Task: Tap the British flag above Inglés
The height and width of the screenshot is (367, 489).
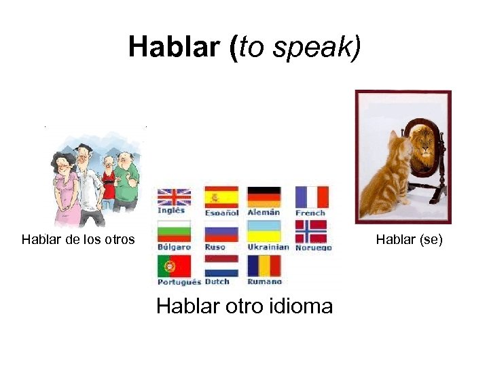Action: click(x=174, y=196)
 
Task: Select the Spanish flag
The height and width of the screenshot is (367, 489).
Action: click(x=221, y=196)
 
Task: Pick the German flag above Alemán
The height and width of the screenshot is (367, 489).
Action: click(x=264, y=196)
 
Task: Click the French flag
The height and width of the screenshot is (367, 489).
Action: click(x=312, y=196)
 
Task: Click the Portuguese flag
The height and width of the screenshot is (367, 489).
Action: click(x=174, y=266)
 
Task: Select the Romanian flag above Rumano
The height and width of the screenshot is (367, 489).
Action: click(x=264, y=266)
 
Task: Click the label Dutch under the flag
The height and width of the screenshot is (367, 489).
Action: click(x=217, y=281)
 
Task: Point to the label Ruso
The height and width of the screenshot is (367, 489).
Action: click(x=215, y=247)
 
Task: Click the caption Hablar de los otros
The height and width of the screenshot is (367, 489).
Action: click(x=78, y=239)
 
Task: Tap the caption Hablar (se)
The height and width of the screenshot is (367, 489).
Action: click(x=410, y=239)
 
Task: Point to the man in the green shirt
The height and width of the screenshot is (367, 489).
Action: click(x=126, y=180)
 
